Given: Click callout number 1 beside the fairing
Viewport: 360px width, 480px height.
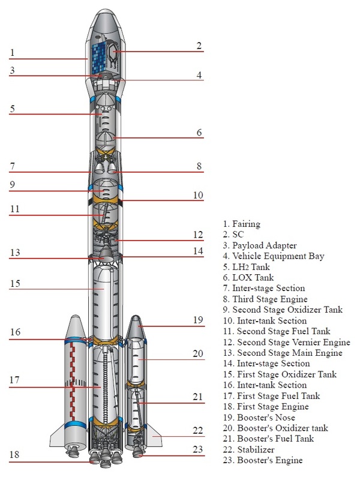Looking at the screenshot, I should (12, 53).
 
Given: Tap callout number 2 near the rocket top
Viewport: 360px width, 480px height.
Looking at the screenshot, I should (199, 45).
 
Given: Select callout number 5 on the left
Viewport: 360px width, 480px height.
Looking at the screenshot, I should (12, 109).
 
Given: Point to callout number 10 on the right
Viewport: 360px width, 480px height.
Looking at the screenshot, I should (197, 195).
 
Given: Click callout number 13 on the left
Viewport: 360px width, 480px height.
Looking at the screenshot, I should (14, 253).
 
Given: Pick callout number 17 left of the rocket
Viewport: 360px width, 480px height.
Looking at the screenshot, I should (14, 380).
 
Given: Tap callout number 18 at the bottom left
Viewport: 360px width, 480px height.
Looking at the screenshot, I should (14, 455).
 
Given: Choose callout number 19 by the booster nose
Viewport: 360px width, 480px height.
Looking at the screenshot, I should (197, 320).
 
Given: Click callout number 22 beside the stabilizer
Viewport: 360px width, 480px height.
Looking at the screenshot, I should (197, 430).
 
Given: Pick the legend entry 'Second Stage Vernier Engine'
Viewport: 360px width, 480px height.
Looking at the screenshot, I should (285, 342).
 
